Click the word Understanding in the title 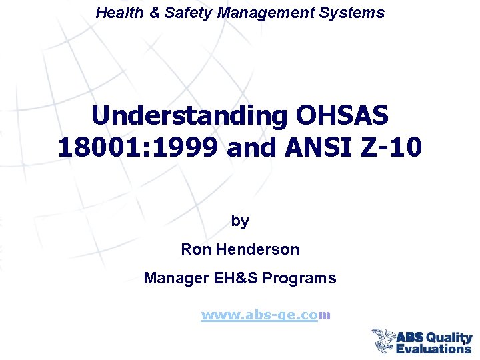click(x=189, y=116)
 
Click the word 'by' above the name click(x=240, y=221)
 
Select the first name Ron click(x=195, y=250)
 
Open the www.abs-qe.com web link click(x=266, y=315)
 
